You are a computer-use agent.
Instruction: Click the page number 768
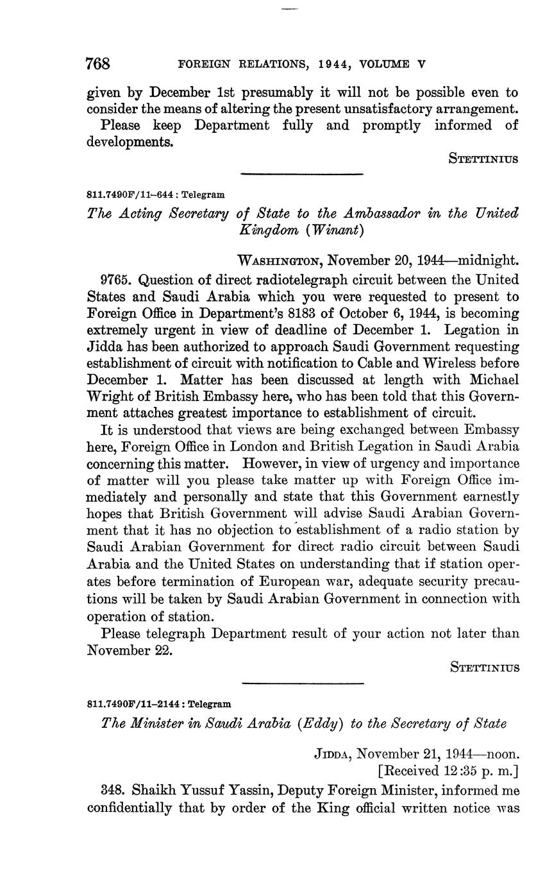[98, 64]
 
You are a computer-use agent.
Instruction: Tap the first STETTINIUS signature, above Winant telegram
[484, 159]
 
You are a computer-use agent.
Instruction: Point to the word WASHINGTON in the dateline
[280, 261]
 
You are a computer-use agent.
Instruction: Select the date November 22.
[130, 649]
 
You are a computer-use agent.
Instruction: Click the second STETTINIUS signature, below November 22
[484, 667]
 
